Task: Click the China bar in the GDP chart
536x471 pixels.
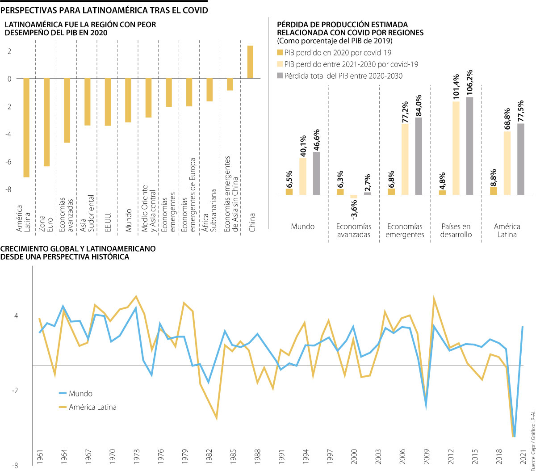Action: (250, 62)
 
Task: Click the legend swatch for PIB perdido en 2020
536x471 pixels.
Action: (280, 53)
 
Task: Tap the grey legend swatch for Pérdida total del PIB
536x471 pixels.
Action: (280, 76)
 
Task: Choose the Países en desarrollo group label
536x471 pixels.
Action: (456, 231)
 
